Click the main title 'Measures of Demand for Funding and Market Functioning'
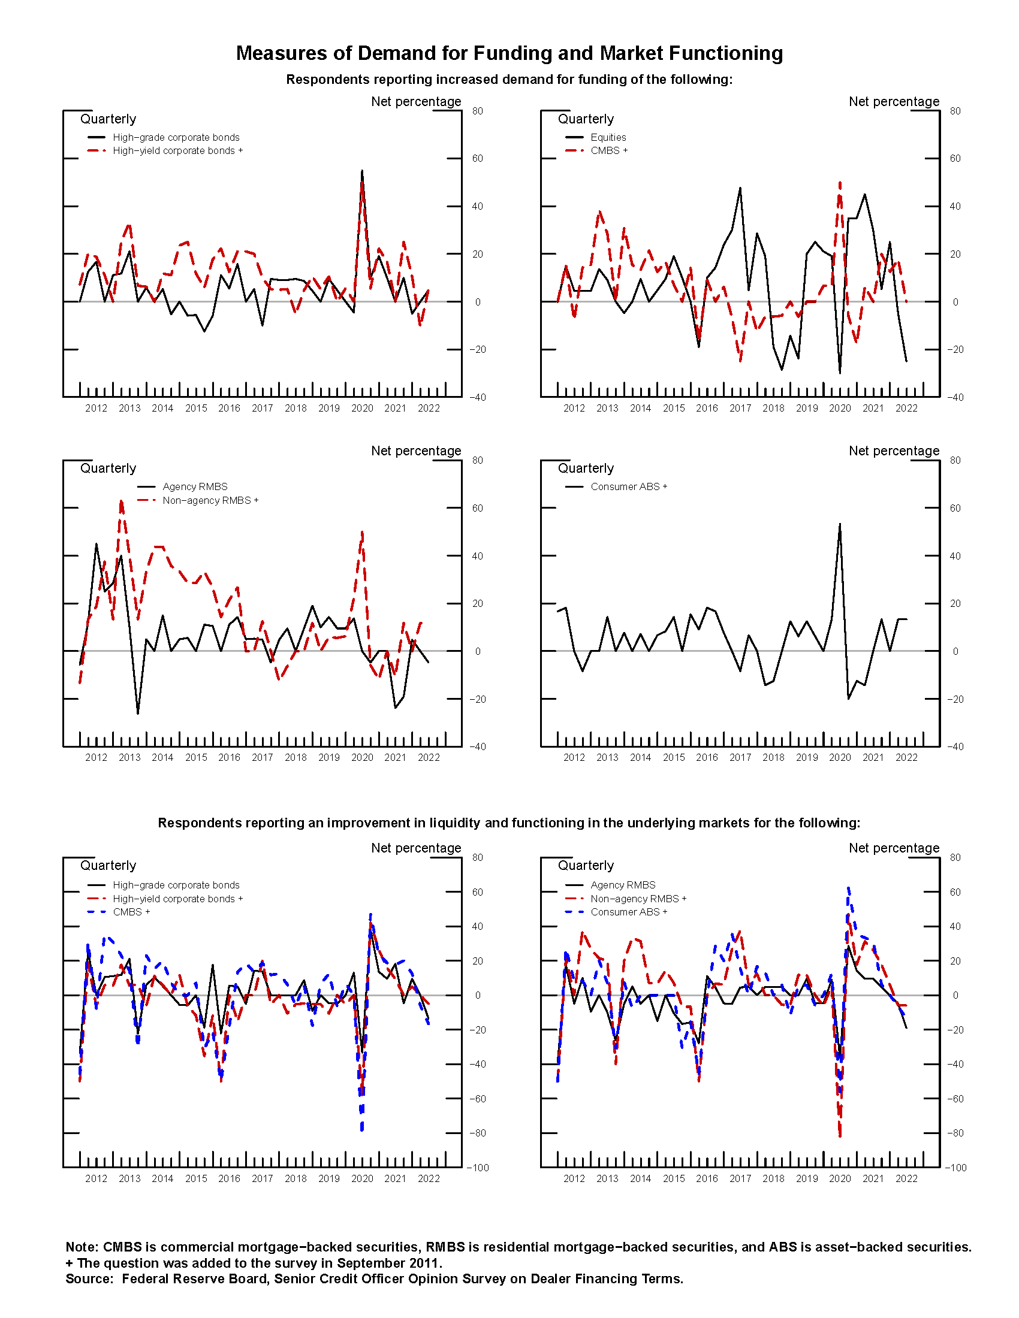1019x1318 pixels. point(509,53)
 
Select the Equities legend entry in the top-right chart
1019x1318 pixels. point(608,137)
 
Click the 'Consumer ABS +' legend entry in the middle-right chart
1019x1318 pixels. point(628,486)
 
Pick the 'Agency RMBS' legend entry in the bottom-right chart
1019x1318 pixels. point(622,885)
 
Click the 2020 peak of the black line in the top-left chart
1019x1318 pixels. point(361,171)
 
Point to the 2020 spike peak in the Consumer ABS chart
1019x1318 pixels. point(840,524)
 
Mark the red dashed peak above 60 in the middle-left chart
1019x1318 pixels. point(121,501)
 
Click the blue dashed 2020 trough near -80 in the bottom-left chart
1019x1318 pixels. point(361,1130)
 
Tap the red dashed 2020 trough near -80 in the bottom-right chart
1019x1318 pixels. point(840,1136)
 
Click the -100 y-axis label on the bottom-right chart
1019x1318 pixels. point(955,1168)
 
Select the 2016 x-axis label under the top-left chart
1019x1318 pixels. point(229,408)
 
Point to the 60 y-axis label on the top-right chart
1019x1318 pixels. point(955,158)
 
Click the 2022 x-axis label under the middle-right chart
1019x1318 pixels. point(906,757)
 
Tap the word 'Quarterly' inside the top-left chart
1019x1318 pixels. point(108,119)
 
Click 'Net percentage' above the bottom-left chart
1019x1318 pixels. point(416,848)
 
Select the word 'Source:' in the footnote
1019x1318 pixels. point(89,1279)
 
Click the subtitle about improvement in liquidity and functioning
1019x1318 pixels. point(509,823)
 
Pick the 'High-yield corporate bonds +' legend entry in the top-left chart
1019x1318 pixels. point(177,150)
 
